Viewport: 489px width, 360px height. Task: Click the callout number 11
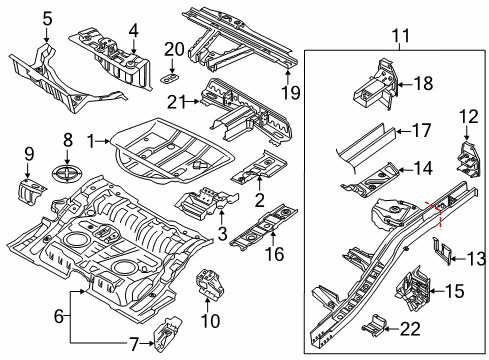click(x=400, y=36)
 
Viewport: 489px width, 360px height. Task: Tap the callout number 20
click(x=174, y=49)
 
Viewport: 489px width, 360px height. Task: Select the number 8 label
click(x=68, y=140)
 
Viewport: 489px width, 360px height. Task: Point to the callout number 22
click(x=410, y=329)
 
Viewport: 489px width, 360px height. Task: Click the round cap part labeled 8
click(x=67, y=173)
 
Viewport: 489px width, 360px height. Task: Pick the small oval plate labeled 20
click(x=170, y=79)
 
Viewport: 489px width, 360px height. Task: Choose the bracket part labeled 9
click(x=32, y=192)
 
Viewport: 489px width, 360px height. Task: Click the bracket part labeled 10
click(x=210, y=284)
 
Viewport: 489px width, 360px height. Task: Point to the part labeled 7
click(x=167, y=334)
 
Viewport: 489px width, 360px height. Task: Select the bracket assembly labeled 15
click(x=413, y=288)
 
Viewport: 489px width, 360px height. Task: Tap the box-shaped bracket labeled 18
click(x=376, y=84)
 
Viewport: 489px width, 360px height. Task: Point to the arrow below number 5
click(x=46, y=35)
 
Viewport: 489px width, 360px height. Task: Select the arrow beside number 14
click(x=406, y=170)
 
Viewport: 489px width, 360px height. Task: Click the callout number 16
click(x=275, y=254)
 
